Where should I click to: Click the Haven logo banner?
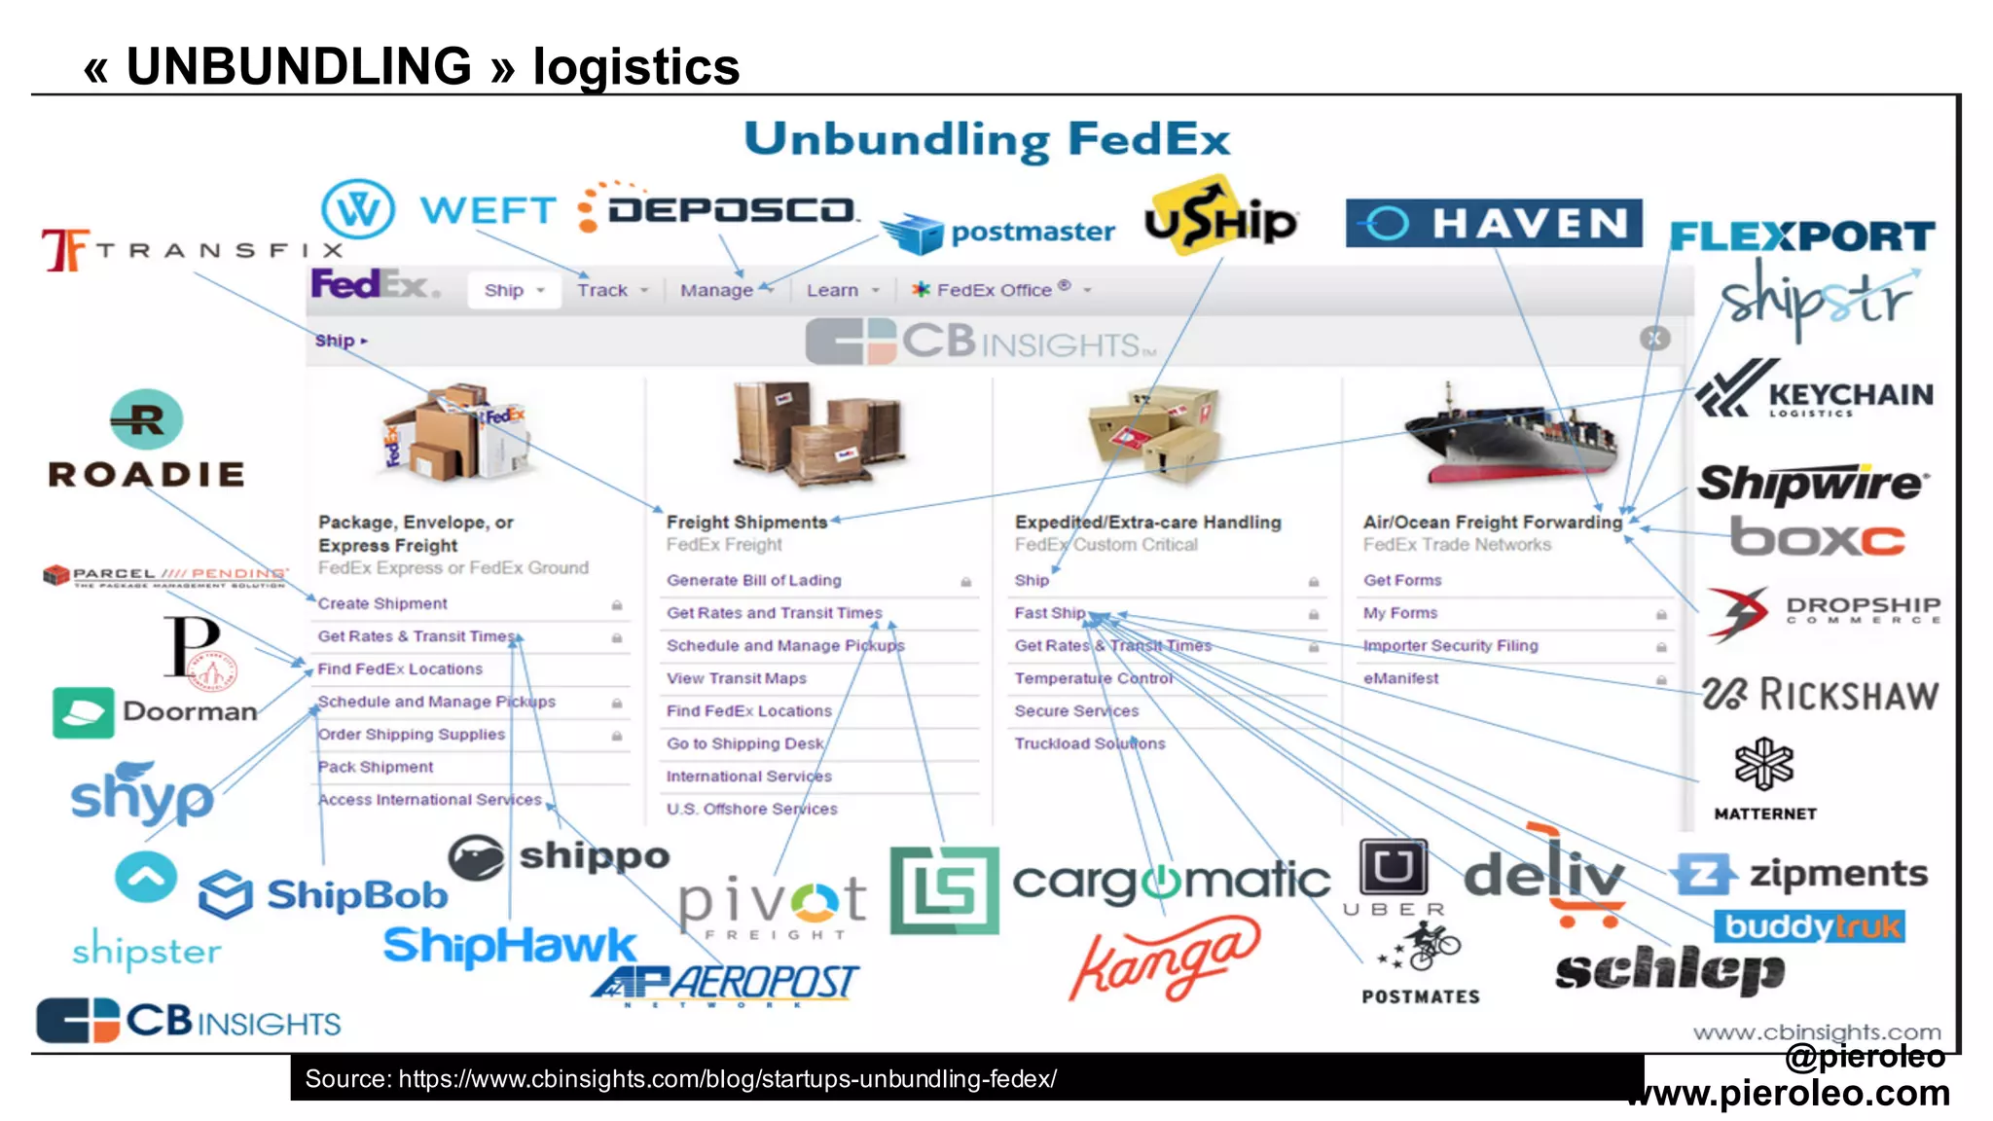tap(1493, 224)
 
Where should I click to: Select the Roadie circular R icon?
tap(146, 419)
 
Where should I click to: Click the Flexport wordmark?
tap(1801, 236)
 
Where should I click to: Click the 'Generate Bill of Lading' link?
tap(753, 580)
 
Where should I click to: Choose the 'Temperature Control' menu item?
tap(1093, 678)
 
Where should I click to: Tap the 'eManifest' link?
tap(1399, 678)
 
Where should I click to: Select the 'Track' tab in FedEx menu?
tap(602, 290)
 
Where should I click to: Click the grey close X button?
tap(1654, 338)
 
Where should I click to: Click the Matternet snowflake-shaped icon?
tap(1763, 764)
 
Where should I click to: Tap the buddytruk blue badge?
tap(1808, 926)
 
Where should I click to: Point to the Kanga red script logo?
tap(1164, 958)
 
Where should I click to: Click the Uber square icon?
tap(1394, 866)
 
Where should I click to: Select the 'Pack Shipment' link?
tap(376, 767)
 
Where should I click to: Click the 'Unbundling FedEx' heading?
tap(987, 139)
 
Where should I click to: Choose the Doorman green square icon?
tap(83, 712)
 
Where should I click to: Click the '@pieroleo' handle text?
tap(1865, 1056)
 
